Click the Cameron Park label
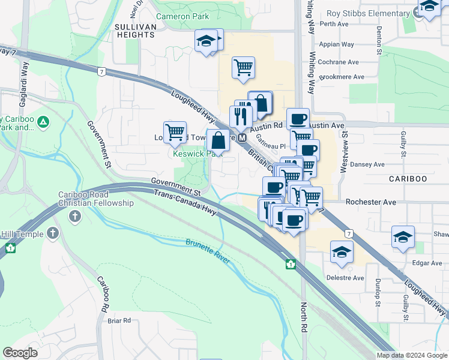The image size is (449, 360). coord(182,17)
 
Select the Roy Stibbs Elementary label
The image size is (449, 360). coord(367,14)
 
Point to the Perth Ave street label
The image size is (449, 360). coord(334,24)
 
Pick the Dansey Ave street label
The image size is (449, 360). coord(367,164)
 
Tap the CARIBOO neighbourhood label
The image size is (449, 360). coord(407,179)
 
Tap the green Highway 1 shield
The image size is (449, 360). coord(291,263)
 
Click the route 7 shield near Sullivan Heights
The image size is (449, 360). coord(103,71)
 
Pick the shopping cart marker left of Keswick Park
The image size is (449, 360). coord(175,132)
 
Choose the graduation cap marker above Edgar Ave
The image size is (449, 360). coord(403,236)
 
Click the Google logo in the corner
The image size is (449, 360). coord(20,353)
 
